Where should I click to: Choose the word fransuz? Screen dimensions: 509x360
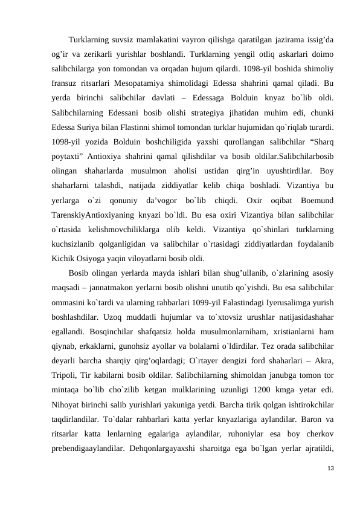66,83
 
